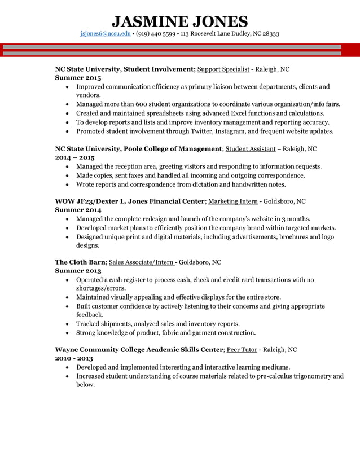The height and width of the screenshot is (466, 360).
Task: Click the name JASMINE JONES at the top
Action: pos(179,21)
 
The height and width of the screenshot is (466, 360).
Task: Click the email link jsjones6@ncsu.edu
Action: pos(106,34)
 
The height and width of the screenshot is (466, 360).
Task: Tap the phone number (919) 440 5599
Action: pos(156,34)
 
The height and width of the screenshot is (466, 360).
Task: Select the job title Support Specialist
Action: pos(223,69)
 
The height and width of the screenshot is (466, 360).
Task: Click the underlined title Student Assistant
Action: pos(251,149)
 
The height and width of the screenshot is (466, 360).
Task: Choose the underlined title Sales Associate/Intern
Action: pos(142,262)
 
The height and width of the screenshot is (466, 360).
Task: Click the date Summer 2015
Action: pos(78,78)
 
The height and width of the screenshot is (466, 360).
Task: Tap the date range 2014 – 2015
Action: pos(74,157)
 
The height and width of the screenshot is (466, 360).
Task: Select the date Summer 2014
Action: pos(78,210)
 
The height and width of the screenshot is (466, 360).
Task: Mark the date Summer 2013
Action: pos(78,271)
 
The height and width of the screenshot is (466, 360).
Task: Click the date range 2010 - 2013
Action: pos(74,358)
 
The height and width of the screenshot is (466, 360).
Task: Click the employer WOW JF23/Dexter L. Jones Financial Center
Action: pos(129,201)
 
